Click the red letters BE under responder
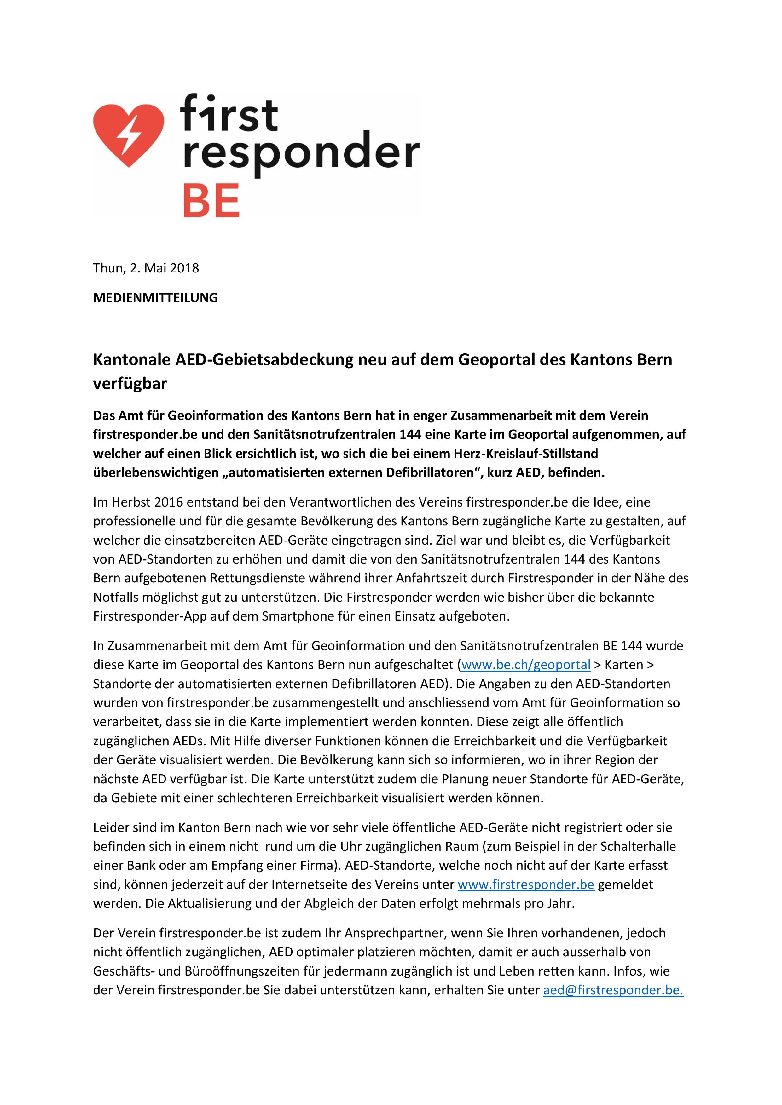(x=211, y=202)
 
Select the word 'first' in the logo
(x=229, y=114)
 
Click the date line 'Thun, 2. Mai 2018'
(x=146, y=268)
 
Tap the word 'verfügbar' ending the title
(x=130, y=384)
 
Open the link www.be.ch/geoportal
(x=526, y=665)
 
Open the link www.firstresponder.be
(x=526, y=885)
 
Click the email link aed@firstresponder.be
(x=613, y=990)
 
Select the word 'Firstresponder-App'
(x=150, y=616)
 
